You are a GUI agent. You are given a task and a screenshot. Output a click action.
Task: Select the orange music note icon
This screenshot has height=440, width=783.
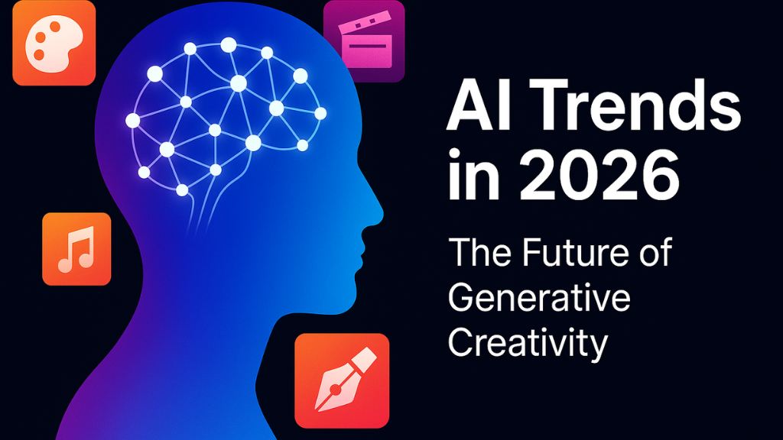(76, 249)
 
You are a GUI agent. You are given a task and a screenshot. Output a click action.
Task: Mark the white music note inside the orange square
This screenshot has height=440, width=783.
(76, 249)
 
